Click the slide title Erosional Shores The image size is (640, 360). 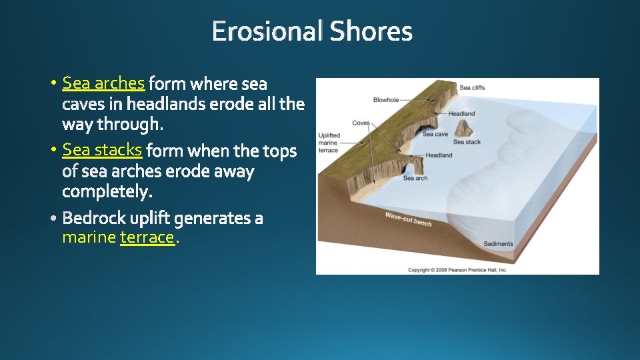coord(312,31)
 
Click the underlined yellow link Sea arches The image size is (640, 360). coord(103,83)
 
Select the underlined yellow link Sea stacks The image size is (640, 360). coord(102,149)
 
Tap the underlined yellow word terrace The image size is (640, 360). coord(147,237)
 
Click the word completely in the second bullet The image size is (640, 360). coord(107,192)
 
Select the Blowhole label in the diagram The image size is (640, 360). coord(385,100)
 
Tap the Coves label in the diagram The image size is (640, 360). coord(361,123)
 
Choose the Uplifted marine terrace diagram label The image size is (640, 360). coord(329,143)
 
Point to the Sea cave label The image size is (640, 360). coord(435,134)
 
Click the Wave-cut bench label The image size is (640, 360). coord(408,219)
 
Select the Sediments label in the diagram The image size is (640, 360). coord(498,244)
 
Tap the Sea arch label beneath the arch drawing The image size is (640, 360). coord(415,178)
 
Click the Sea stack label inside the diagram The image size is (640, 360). coord(467,142)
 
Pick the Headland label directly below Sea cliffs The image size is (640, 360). coord(461,114)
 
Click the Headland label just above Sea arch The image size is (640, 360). coord(439,155)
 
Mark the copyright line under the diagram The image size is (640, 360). coord(457,270)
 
